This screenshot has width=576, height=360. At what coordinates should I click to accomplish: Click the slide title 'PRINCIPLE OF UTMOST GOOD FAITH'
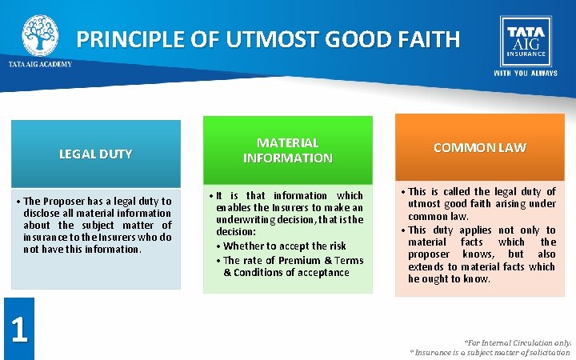[268, 39]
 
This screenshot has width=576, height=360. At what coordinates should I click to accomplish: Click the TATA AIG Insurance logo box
[526, 41]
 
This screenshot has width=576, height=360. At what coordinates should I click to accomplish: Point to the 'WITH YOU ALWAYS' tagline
[526, 74]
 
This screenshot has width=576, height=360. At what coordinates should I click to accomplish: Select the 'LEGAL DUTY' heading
[95, 154]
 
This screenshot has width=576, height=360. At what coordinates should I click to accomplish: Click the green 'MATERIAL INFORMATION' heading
[287, 150]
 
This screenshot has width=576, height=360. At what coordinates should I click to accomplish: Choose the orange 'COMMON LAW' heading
[479, 148]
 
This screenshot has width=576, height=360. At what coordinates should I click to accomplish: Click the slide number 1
[18, 329]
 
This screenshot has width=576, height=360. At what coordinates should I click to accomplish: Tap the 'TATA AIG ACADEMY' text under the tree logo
[40, 64]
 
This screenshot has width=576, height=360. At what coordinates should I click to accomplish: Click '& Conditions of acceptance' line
[286, 272]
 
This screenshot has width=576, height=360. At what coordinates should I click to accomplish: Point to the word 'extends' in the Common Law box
[426, 266]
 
